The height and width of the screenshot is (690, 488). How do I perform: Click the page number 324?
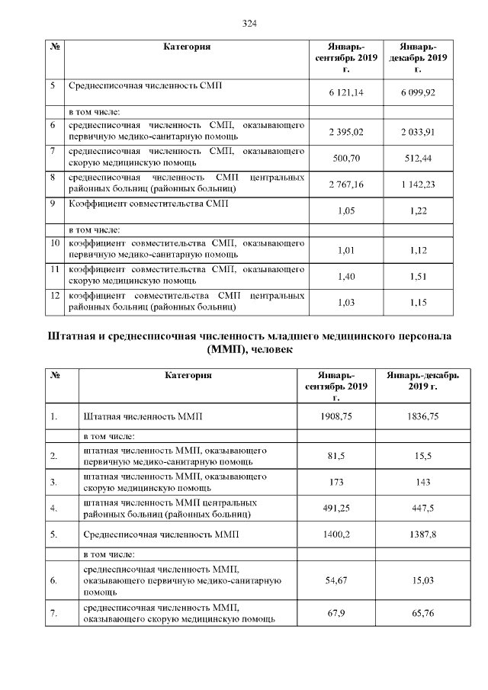(249, 23)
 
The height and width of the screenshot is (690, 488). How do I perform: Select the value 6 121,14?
(345, 92)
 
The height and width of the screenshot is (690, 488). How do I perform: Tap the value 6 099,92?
(418, 92)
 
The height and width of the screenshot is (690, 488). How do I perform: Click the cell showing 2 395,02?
(345, 132)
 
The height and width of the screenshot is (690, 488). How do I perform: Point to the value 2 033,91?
(418, 132)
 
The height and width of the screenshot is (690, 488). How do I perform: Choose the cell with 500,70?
(345, 158)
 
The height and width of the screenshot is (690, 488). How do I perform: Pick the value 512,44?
(418, 158)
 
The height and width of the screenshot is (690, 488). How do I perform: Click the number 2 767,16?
(345, 185)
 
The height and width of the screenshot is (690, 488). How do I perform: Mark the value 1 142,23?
(418, 185)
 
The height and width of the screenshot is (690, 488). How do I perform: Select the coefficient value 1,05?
(345, 211)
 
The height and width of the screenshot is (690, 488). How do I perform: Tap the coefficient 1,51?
(418, 277)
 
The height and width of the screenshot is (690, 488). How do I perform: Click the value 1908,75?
(336, 417)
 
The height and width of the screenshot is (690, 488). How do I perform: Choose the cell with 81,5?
(336, 455)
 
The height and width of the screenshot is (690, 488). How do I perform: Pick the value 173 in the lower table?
(336, 482)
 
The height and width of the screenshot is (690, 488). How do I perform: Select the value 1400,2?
(336, 534)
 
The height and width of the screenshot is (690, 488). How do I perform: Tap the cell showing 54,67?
(336, 580)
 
